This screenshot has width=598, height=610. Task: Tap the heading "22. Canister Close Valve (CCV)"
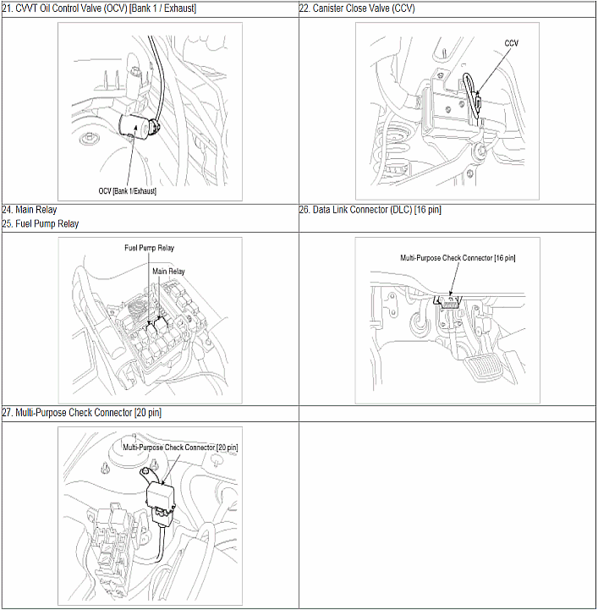click(x=357, y=8)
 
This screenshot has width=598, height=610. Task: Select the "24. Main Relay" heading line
click(x=29, y=210)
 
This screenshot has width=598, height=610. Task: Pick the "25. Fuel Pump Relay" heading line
click(x=40, y=223)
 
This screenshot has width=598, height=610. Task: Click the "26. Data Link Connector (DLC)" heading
click(x=355, y=210)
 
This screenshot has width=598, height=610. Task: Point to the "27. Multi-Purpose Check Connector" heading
click(x=67, y=412)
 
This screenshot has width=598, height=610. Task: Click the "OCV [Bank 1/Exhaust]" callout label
click(x=127, y=191)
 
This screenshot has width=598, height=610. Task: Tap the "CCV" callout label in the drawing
click(x=511, y=43)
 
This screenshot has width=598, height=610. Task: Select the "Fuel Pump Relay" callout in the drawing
click(x=150, y=248)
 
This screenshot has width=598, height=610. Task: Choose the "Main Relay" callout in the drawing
click(x=168, y=271)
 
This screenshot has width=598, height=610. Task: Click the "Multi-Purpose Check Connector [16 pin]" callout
click(x=458, y=258)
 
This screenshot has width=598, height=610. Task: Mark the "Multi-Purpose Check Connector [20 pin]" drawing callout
click(x=180, y=448)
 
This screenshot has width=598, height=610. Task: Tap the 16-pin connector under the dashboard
click(x=449, y=302)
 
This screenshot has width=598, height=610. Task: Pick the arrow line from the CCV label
click(x=492, y=71)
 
